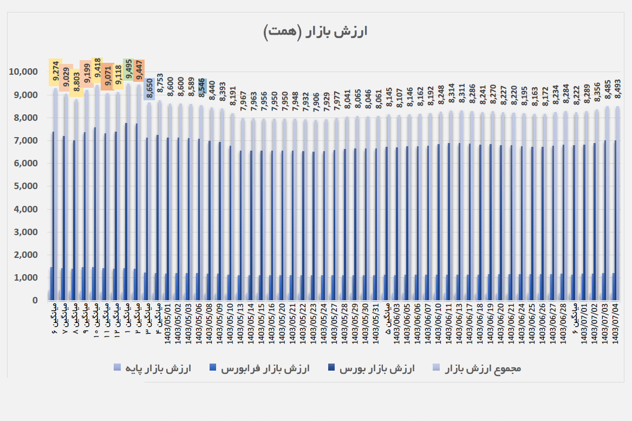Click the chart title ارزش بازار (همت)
click(x=315, y=31)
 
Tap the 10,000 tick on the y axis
click(x=22, y=72)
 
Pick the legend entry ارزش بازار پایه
click(x=152, y=368)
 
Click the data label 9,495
click(x=128, y=70)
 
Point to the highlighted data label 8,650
click(x=149, y=89)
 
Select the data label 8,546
click(x=201, y=87)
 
